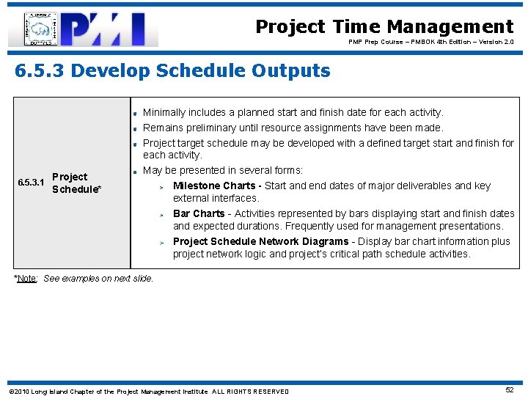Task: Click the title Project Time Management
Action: point(384,27)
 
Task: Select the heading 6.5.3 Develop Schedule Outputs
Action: point(172,71)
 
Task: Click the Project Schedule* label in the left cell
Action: point(76,183)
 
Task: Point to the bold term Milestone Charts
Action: point(214,186)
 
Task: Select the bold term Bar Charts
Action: point(199,213)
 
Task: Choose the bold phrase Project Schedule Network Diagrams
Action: point(260,241)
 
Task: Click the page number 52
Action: point(510,391)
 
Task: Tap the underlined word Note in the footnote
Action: point(28,279)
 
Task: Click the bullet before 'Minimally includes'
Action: point(136,114)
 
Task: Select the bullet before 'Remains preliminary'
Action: point(136,128)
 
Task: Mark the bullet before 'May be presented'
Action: point(136,172)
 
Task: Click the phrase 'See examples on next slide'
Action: point(99,279)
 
